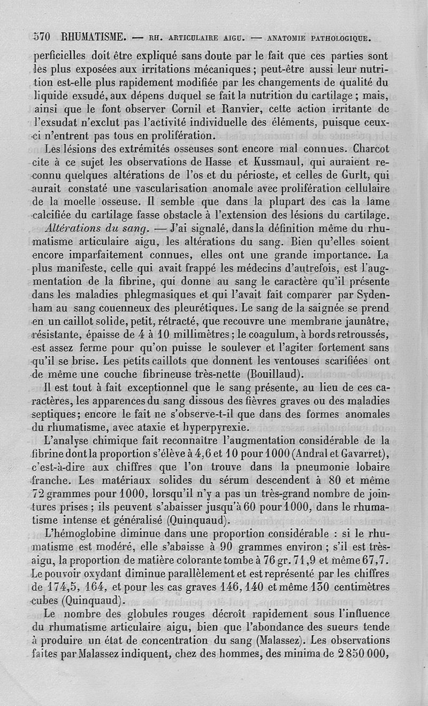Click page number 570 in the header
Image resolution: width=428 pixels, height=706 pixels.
41,37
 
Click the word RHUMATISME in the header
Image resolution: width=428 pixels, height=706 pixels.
94,37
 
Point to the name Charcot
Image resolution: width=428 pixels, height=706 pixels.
365,148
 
